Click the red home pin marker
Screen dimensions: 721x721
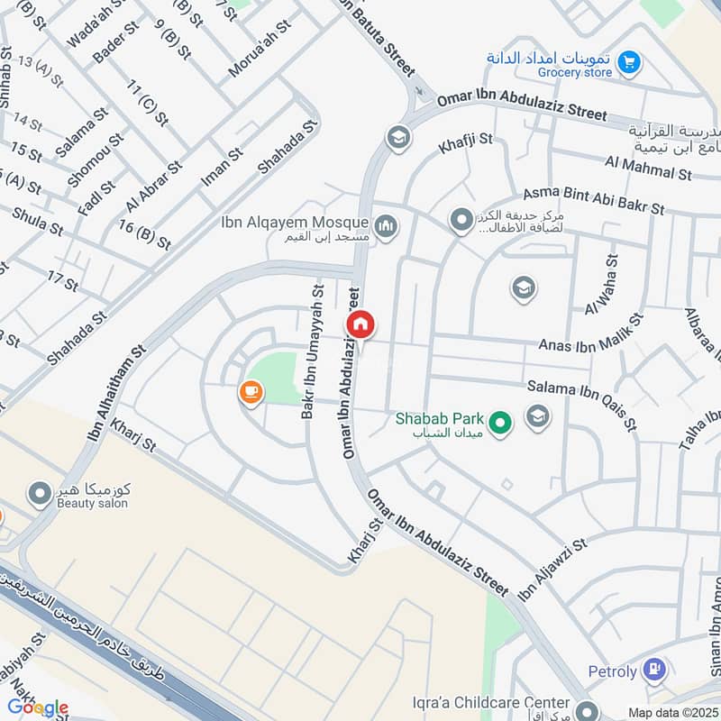coord(360,324)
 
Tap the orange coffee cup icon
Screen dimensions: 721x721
coord(250,392)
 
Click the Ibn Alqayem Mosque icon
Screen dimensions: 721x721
coord(387,224)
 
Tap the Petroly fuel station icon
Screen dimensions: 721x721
coord(654,671)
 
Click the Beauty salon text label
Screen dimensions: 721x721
coord(90,503)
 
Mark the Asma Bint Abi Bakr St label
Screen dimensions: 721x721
coord(594,200)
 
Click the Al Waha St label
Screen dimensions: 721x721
coord(601,285)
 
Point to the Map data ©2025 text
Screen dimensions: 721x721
coord(671,712)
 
